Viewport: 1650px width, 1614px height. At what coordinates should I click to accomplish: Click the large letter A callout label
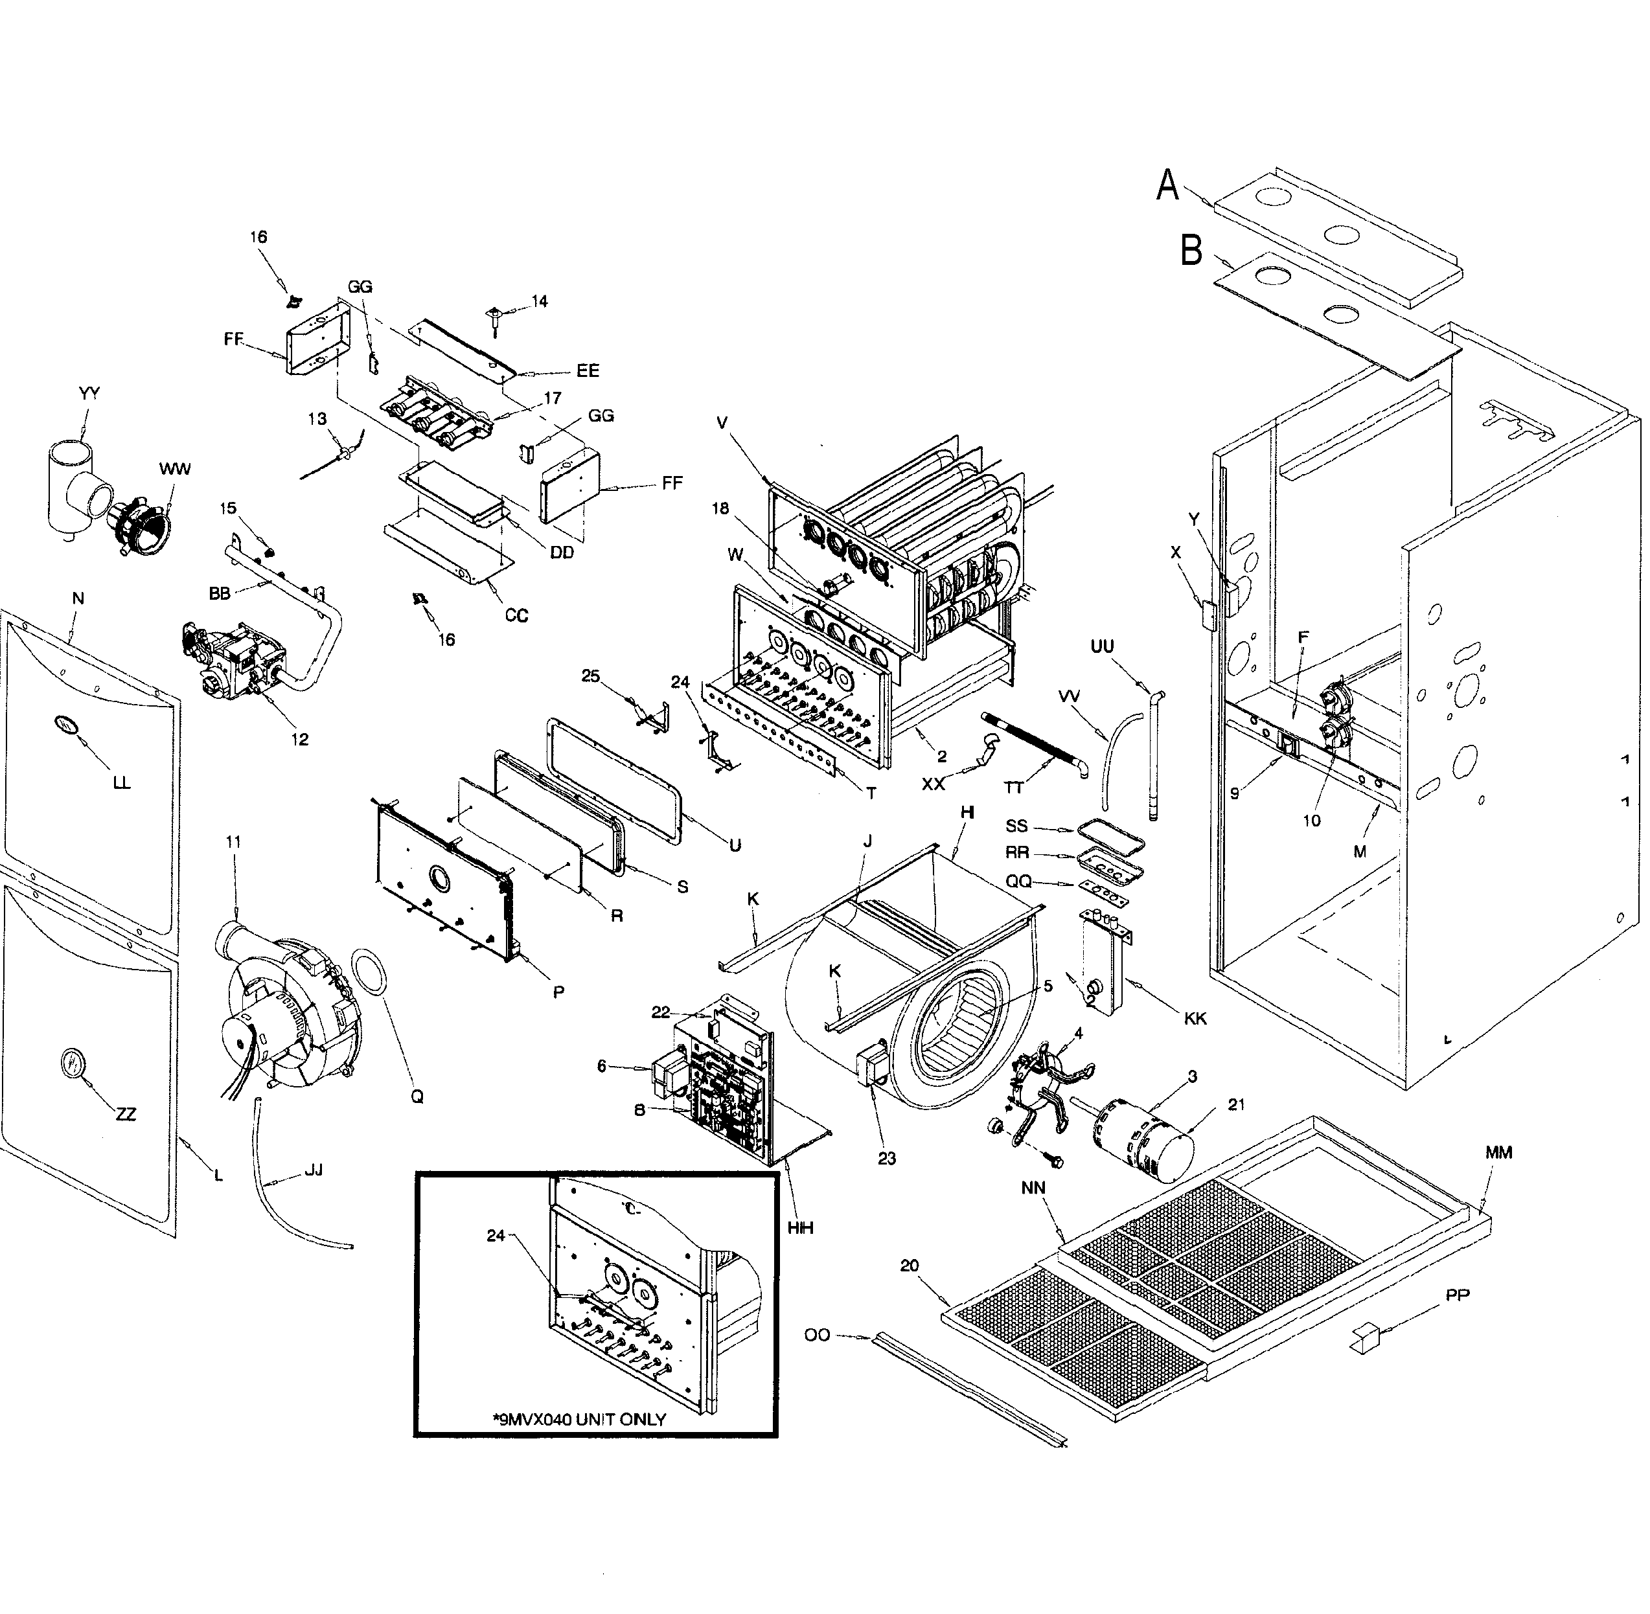point(1167,185)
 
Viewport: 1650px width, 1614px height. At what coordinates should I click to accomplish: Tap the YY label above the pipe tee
point(89,393)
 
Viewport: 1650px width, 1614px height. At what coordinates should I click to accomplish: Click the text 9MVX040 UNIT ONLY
point(579,1419)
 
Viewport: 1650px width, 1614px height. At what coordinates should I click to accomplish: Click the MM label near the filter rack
point(1498,1153)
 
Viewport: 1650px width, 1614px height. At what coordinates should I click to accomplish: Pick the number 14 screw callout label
point(539,302)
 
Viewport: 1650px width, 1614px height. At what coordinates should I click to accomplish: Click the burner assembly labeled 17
point(437,418)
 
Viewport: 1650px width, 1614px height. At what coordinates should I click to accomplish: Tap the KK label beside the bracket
point(1195,1018)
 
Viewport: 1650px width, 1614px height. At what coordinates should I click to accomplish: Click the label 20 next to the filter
point(909,1266)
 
